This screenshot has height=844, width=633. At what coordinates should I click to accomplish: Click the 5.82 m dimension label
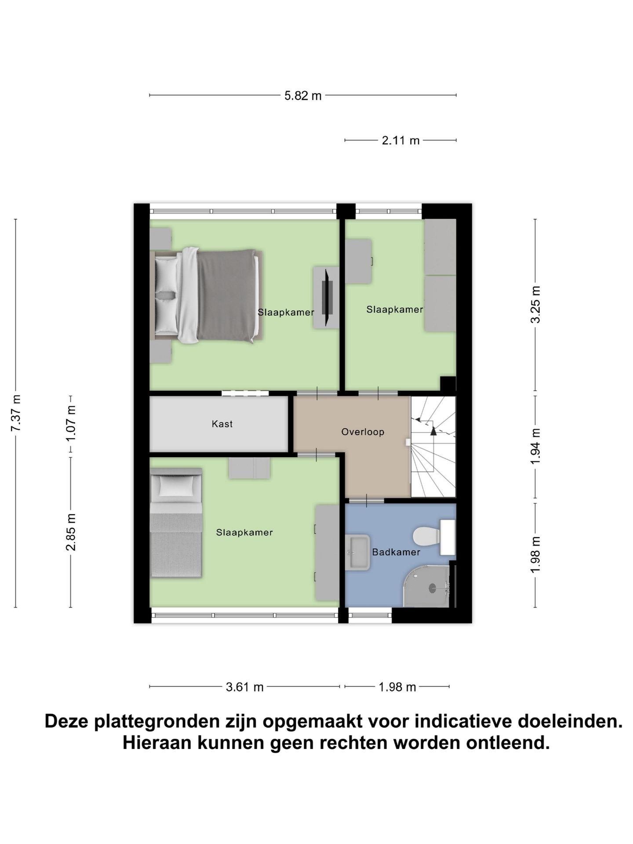303,95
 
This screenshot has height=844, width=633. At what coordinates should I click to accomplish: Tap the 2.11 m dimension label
400,141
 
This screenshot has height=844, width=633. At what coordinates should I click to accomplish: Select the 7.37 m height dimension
16,413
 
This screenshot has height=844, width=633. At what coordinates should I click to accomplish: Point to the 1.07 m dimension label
71,424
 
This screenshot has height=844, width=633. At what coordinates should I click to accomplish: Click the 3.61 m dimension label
244,687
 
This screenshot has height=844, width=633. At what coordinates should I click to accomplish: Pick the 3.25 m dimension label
535,305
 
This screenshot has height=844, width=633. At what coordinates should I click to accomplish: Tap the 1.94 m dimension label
535,446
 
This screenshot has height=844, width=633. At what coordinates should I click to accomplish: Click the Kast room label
222,424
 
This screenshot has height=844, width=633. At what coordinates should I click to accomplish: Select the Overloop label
363,432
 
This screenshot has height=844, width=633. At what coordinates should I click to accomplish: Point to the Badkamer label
396,552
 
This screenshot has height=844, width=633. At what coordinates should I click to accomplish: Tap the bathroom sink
357,552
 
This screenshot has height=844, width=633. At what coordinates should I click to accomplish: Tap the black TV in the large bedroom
327,297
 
